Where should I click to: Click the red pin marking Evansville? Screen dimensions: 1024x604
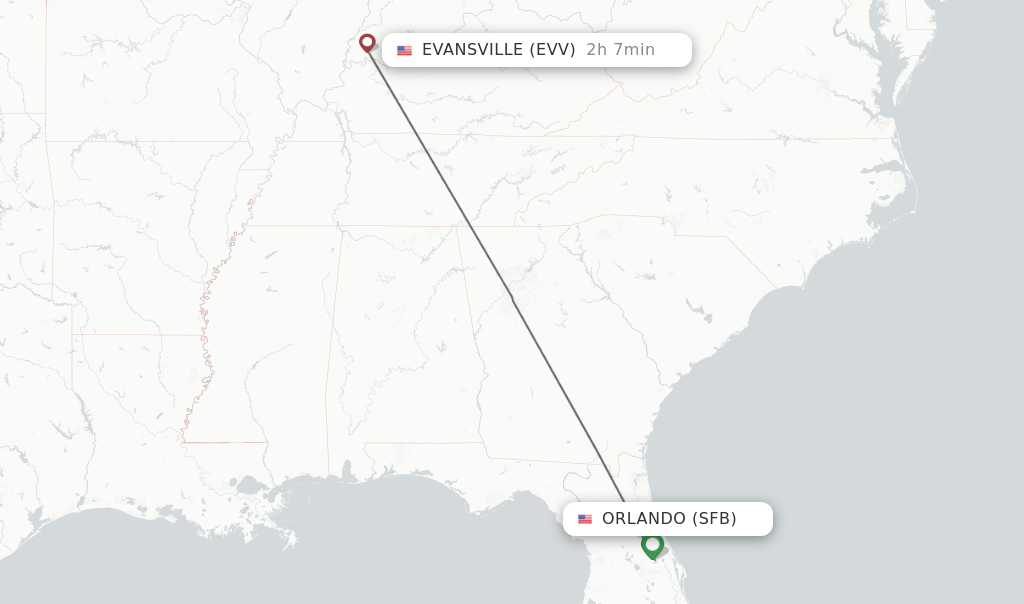[x=367, y=43]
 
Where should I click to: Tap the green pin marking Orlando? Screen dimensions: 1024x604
[x=653, y=545]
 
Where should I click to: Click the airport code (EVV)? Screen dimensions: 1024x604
[x=553, y=50]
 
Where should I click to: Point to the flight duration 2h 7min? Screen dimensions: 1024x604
[x=620, y=50]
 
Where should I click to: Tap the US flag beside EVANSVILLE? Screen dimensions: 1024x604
[x=404, y=50]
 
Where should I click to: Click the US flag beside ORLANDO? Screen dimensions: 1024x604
[x=585, y=519]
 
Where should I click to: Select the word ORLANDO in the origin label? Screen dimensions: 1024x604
[x=643, y=519]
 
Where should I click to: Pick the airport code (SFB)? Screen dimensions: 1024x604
[x=714, y=519]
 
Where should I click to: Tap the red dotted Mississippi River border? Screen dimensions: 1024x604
[x=207, y=330]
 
